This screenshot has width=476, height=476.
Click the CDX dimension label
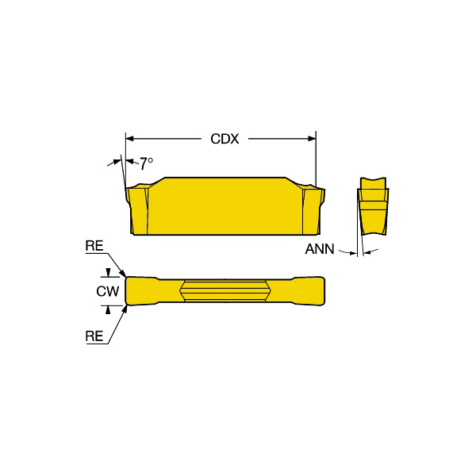[225, 140]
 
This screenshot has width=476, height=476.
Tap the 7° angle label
[146, 163]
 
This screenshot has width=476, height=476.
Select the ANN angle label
[320, 250]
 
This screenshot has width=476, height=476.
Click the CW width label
[107, 292]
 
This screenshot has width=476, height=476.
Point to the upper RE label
[94, 248]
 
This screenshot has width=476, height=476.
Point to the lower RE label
[94, 336]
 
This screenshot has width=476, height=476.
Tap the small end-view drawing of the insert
[372, 206]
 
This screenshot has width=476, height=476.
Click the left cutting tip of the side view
[129, 188]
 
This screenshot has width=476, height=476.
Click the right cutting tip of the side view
[321, 187]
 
